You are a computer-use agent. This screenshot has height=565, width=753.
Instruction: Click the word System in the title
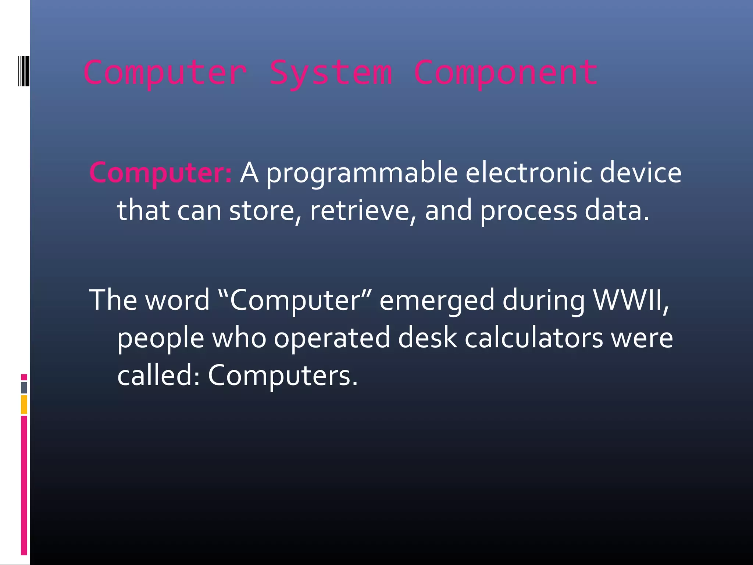pos(331,73)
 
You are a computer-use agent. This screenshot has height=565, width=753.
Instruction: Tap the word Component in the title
pos(506,73)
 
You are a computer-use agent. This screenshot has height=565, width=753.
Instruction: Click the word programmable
pos(362,173)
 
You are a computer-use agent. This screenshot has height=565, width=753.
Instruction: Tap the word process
pos(528,211)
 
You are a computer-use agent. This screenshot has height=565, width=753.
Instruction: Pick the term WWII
pos(631,299)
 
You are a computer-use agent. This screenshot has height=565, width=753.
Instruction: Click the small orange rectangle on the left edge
pos(24,404)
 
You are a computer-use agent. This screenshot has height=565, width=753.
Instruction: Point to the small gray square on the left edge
pos(24,387)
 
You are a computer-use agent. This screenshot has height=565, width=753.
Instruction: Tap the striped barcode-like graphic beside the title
pos(24,71)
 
